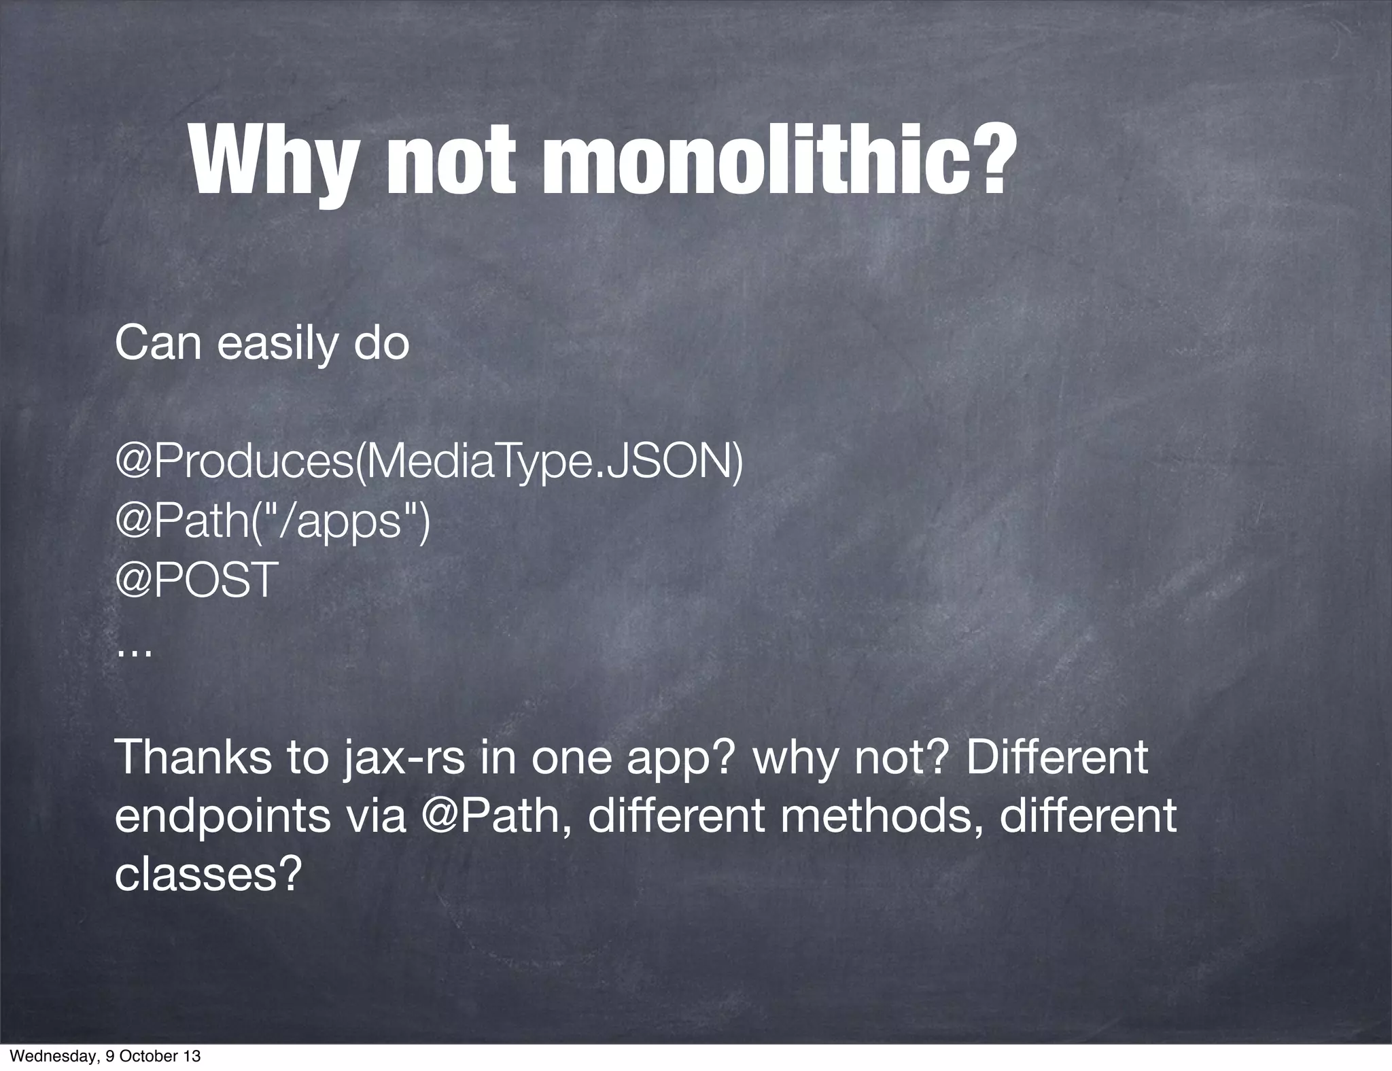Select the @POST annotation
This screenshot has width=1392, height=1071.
coord(197,580)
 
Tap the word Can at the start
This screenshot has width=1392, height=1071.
coord(158,345)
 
